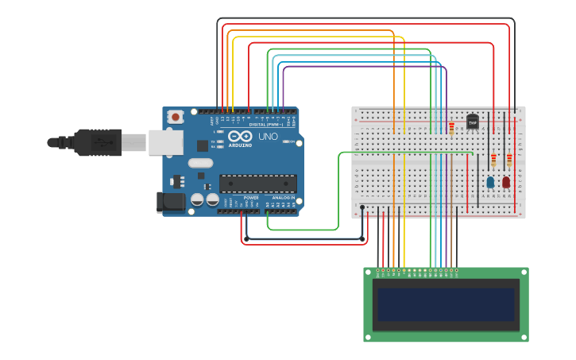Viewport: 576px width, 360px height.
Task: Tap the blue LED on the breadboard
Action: point(490,182)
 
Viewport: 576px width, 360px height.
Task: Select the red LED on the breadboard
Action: point(506,182)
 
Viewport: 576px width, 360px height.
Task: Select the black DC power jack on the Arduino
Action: point(170,203)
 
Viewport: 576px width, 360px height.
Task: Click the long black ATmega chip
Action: point(258,184)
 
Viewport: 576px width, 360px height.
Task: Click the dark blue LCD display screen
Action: point(446,304)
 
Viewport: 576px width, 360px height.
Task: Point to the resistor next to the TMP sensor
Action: point(452,129)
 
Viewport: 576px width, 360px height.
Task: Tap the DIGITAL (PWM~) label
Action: point(266,125)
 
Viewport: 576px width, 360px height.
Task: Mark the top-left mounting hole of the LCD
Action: point(368,272)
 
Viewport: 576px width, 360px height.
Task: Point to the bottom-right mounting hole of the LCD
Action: point(524,338)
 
